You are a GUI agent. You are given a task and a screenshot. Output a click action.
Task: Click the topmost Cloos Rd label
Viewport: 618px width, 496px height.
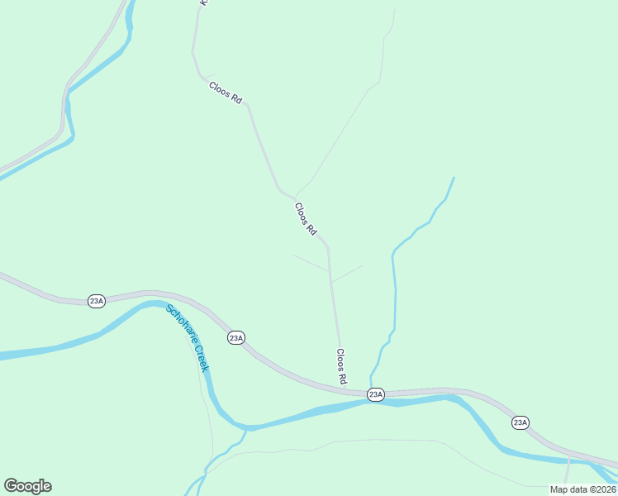click(x=226, y=92)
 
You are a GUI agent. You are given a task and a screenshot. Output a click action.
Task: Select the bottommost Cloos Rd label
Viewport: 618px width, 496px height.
click(x=340, y=365)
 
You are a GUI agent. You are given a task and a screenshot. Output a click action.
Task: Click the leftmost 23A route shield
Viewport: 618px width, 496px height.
click(x=97, y=301)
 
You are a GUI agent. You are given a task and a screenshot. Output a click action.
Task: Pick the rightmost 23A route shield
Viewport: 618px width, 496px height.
click(x=520, y=422)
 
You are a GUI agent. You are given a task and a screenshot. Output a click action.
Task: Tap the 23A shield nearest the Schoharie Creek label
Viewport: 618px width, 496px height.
click(x=236, y=337)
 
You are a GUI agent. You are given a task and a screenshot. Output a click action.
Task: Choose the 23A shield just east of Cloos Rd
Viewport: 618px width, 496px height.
click(x=376, y=394)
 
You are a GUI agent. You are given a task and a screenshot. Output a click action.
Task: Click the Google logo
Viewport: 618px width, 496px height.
click(x=27, y=486)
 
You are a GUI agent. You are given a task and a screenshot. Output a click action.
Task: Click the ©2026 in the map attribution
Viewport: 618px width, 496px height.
click(x=601, y=489)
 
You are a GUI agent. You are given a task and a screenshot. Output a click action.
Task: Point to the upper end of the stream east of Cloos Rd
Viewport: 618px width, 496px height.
click(x=454, y=177)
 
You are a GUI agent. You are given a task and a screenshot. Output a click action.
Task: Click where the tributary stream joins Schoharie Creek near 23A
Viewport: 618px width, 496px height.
click(x=371, y=400)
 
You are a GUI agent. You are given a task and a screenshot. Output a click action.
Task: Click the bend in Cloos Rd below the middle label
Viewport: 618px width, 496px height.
click(x=328, y=246)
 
